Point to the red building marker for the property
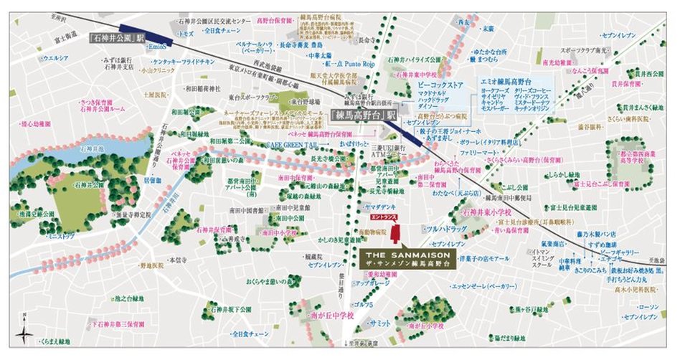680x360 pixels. coord(397,234)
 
